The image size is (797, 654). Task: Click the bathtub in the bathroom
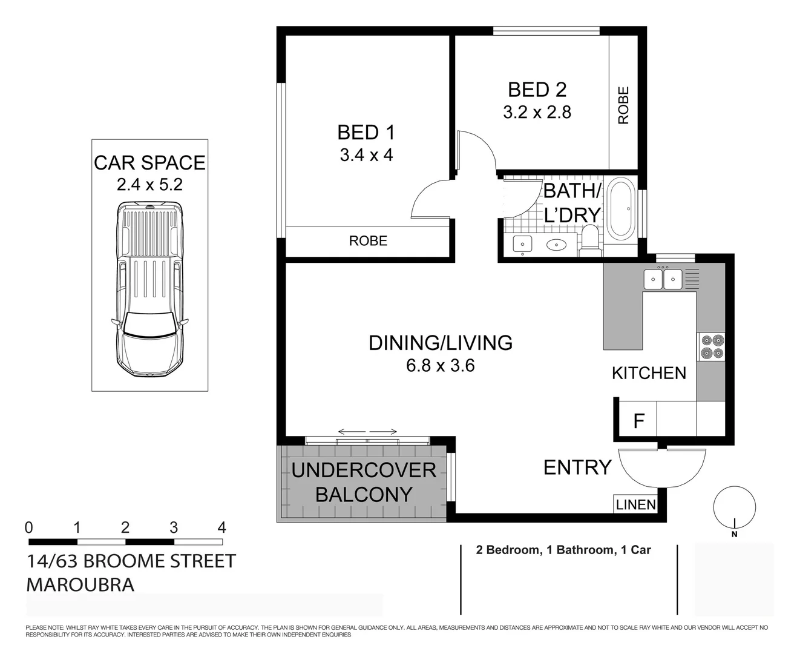(x=620, y=209)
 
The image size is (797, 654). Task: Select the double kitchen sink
(x=663, y=279)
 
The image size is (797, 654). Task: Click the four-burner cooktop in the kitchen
(x=711, y=347)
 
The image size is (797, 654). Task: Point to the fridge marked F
(x=638, y=420)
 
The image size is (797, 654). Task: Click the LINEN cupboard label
(x=635, y=504)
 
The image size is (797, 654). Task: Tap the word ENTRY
(x=577, y=467)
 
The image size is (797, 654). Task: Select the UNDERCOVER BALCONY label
(x=363, y=482)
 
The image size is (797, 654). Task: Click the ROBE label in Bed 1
(x=368, y=241)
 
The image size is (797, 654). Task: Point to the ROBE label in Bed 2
(x=623, y=105)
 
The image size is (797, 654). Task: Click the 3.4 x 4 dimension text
(x=366, y=155)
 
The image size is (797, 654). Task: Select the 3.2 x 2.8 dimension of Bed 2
(x=537, y=112)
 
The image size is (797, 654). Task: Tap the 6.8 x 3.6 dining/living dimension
(x=440, y=366)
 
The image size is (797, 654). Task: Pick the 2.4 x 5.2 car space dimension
(x=149, y=184)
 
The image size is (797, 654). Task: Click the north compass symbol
(x=735, y=509)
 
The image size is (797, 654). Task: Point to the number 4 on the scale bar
(x=221, y=527)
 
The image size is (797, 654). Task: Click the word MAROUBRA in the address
(x=80, y=585)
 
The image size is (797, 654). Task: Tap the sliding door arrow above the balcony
(x=367, y=432)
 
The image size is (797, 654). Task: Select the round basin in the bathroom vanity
(x=556, y=245)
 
